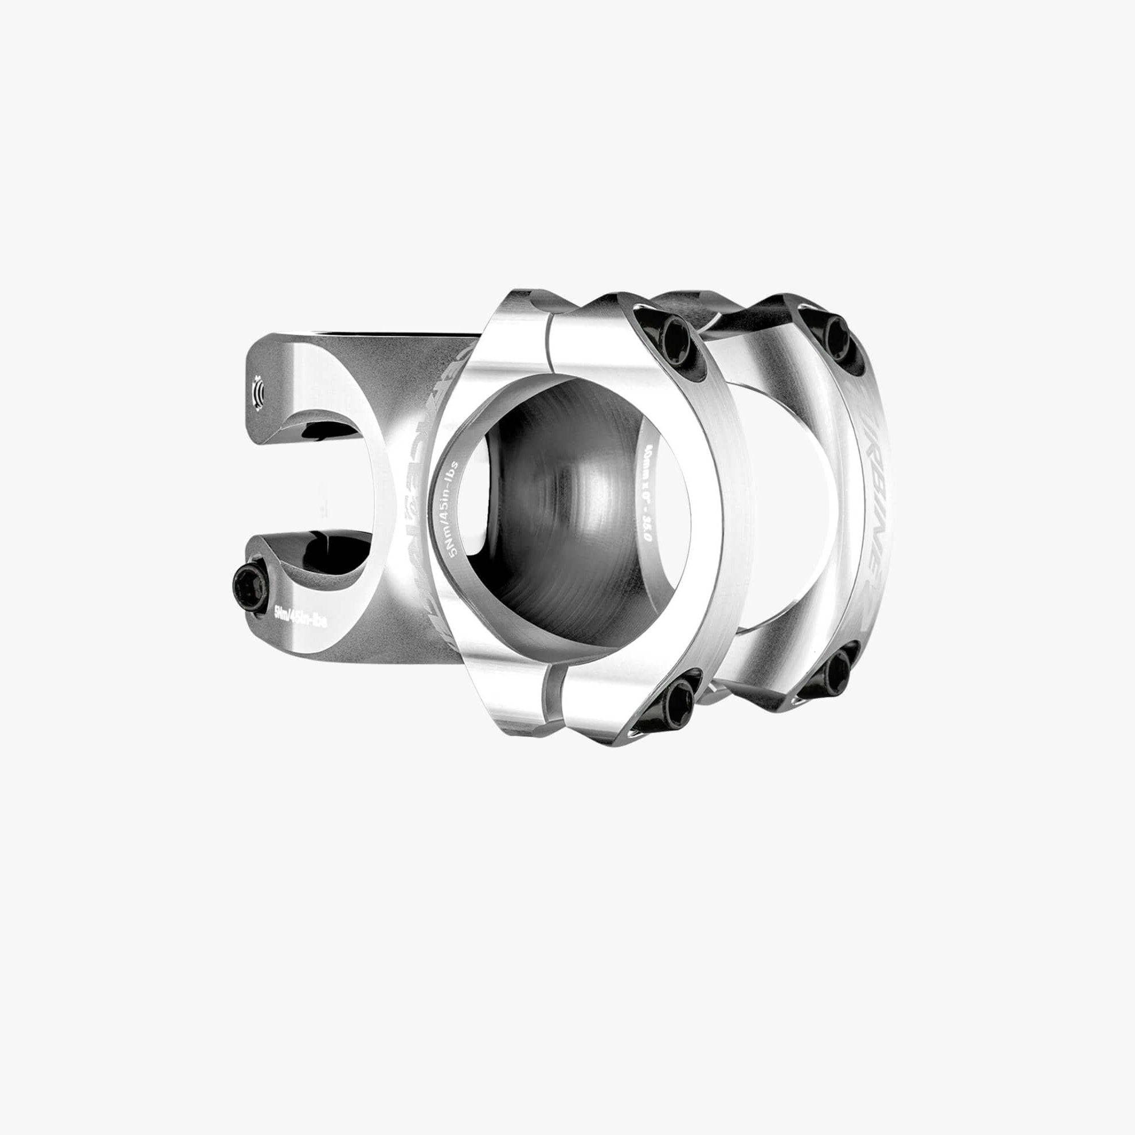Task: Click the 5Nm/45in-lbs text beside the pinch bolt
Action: pyautogui.click(x=307, y=617)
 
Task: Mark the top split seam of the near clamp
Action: pyautogui.click(x=550, y=340)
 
